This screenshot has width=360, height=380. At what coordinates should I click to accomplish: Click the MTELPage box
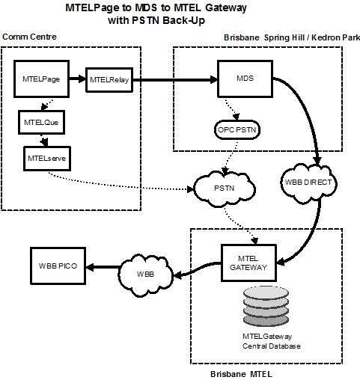(x=41, y=79)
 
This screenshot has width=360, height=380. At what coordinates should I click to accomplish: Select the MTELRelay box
(x=109, y=80)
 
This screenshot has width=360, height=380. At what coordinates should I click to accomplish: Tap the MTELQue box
(x=41, y=123)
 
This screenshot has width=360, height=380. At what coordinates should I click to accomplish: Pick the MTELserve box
(x=47, y=159)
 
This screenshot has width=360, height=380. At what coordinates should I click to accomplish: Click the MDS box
(x=245, y=79)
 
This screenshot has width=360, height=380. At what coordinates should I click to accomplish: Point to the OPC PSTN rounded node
(x=237, y=130)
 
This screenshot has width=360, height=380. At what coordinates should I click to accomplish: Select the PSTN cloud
(x=225, y=189)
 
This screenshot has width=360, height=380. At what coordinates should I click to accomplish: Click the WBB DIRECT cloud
(x=308, y=183)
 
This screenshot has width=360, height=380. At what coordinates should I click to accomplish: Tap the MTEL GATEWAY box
(x=248, y=263)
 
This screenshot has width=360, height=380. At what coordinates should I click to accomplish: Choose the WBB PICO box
(x=58, y=266)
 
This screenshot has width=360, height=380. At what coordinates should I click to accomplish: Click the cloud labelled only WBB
(x=145, y=275)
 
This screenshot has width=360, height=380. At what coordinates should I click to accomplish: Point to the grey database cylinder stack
(x=266, y=307)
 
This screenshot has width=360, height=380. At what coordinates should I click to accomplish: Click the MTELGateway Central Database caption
(x=272, y=341)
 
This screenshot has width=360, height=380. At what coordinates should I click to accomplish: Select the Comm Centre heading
(x=29, y=37)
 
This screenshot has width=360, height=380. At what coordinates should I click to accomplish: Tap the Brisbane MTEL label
(x=241, y=374)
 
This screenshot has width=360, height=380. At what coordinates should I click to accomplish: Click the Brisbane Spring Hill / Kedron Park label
(x=292, y=37)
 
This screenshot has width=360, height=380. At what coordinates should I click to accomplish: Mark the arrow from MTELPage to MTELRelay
(x=77, y=79)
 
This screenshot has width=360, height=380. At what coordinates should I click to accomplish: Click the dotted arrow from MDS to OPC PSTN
(x=233, y=109)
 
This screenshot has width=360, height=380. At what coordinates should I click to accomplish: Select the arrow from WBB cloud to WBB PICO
(x=103, y=267)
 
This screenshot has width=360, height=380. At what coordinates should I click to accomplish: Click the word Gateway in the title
(x=226, y=8)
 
